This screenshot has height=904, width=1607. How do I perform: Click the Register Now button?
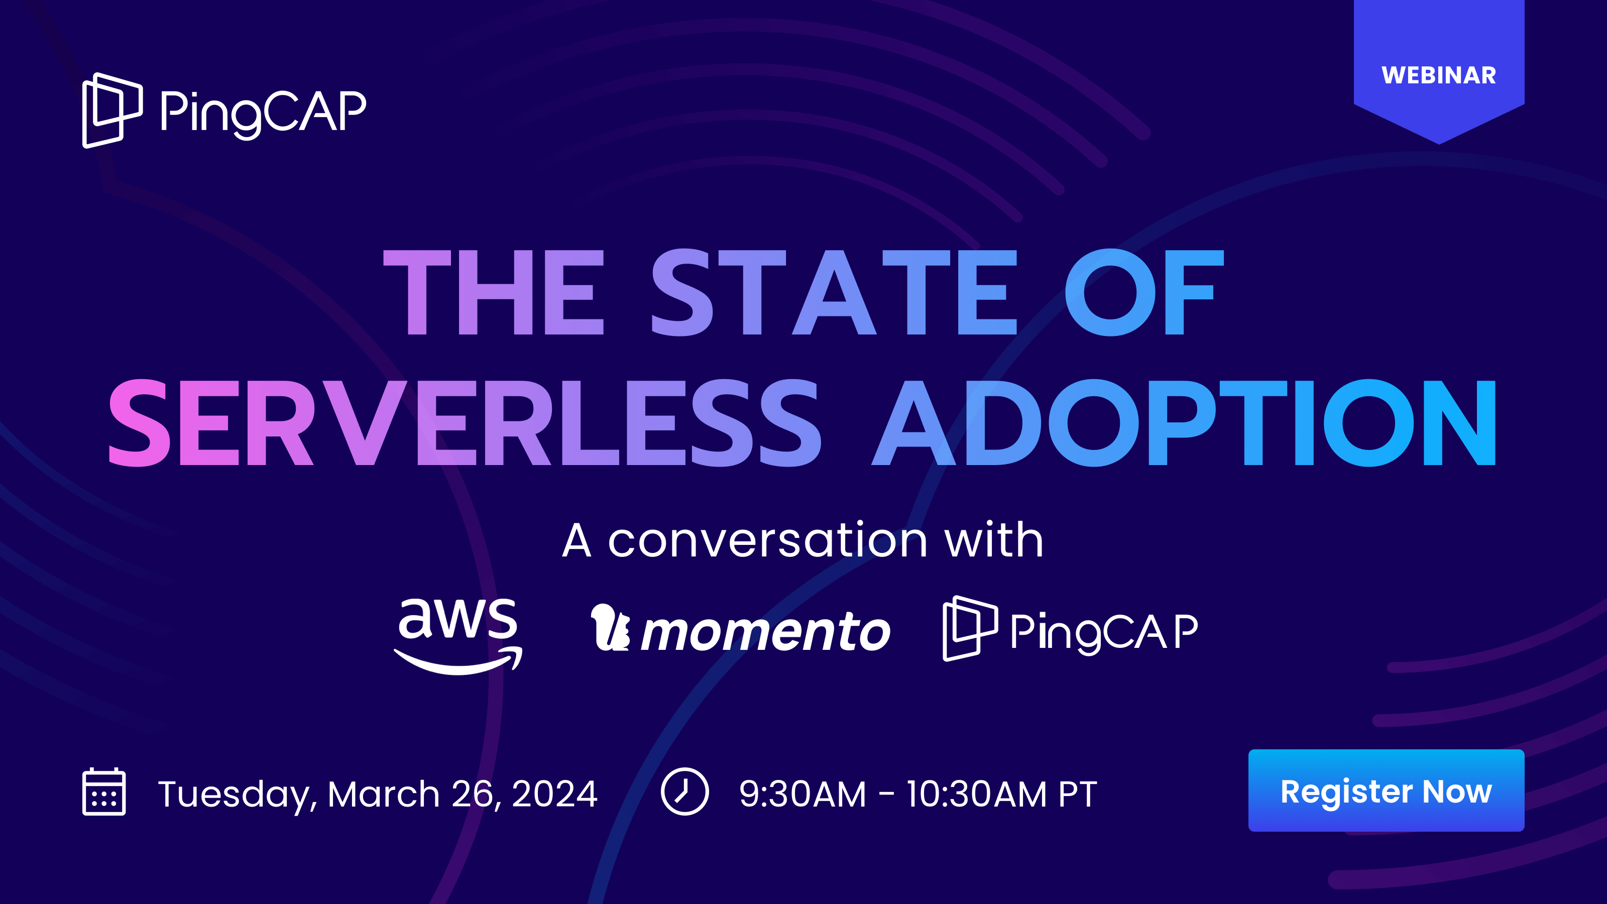(1386, 790)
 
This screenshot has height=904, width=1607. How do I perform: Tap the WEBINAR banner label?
(1439, 75)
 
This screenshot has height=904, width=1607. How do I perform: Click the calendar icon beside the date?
(104, 792)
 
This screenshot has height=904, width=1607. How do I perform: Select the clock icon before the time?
(684, 792)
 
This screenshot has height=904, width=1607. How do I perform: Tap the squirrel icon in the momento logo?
(610, 627)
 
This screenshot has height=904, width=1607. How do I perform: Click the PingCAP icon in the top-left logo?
(112, 110)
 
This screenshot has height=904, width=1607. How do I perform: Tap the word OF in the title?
(1144, 292)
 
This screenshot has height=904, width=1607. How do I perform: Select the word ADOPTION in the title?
(1184, 422)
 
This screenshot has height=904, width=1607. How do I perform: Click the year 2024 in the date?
(554, 794)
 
